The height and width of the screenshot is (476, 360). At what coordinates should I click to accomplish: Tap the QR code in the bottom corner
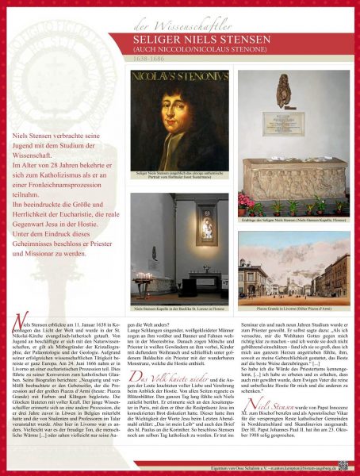coord(343,466)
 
